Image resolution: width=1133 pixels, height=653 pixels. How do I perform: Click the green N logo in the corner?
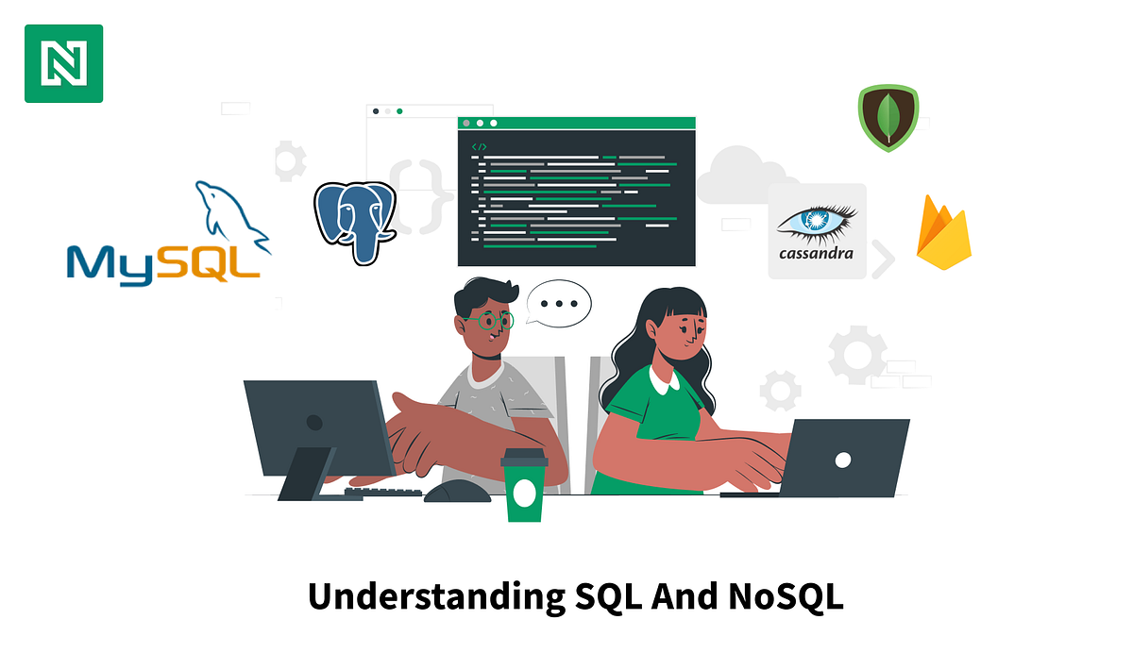[x=63, y=63]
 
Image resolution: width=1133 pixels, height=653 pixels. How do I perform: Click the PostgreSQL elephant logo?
[x=354, y=221]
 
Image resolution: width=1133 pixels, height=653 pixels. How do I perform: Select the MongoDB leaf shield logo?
[x=888, y=118]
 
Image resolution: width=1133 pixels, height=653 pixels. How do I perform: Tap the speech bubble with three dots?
[x=559, y=304]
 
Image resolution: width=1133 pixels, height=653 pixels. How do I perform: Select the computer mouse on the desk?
[x=457, y=491]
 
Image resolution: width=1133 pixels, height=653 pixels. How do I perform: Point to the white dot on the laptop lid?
[x=842, y=459]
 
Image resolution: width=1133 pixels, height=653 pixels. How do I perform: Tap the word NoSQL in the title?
[x=786, y=597]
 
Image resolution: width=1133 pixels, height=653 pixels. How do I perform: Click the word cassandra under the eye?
[x=816, y=253]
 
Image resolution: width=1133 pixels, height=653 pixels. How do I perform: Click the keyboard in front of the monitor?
[x=382, y=493]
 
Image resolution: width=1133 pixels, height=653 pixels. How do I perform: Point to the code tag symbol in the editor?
[x=479, y=146]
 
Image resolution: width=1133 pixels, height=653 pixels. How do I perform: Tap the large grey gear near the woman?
[x=857, y=355]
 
